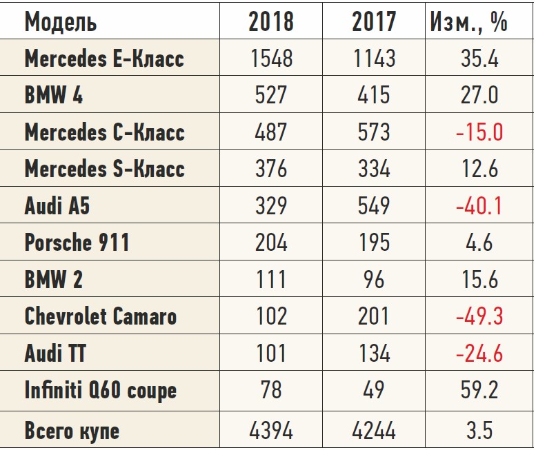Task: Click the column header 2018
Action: (x=270, y=22)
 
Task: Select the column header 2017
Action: (x=374, y=22)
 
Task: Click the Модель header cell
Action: (x=61, y=22)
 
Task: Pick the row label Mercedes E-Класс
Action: (x=104, y=59)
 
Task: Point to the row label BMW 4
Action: (x=54, y=95)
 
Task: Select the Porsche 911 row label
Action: (x=77, y=243)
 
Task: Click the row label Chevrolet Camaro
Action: (x=101, y=316)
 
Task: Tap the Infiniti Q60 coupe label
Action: (x=101, y=391)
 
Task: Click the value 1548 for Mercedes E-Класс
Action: (x=270, y=59)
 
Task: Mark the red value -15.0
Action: (x=479, y=132)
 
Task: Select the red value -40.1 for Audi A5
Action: (x=479, y=206)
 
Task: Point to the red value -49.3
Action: (x=479, y=316)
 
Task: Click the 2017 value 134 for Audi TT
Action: (x=374, y=354)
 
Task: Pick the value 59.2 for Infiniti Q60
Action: (x=479, y=391)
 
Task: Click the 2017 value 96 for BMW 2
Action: (x=374, y=280)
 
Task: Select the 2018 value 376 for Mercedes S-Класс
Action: (x=270, y=169)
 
